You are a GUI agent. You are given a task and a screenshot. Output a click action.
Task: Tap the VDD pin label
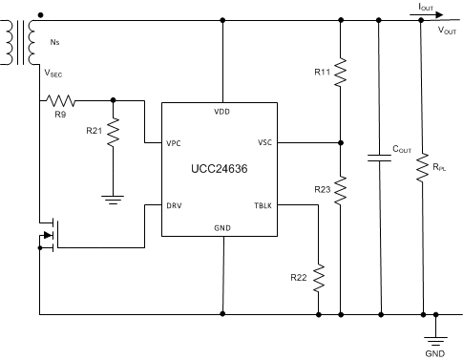pos(222,111)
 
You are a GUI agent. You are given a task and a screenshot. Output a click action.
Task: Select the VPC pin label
pos(174,144)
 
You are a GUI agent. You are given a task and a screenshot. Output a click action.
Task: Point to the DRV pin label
pos(174,204)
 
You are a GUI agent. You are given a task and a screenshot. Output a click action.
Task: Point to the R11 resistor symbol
pos(341,72)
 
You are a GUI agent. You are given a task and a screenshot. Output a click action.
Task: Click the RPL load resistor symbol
pos(421,168)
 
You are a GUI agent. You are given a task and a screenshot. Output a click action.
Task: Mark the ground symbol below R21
pos(114,199)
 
